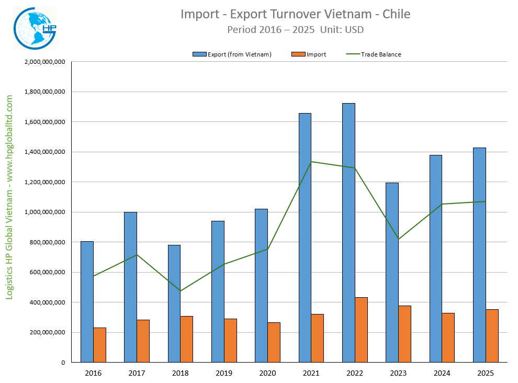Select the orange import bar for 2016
(x=99, y=345)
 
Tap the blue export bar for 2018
(x=174, y=303)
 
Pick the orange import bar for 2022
(x=361, y=330)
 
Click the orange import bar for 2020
(x=274, y=342)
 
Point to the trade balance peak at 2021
(x=311, y=162)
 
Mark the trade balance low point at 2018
(x=181, y=291)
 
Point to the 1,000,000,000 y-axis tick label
(x=44, y=212)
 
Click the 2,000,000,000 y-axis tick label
(x=44, y=62)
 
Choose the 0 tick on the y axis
(x=63, y=362)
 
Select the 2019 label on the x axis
(x=224, y=373)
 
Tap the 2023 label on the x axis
(x=398, y=373)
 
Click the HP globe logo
(x=34, y=28)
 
